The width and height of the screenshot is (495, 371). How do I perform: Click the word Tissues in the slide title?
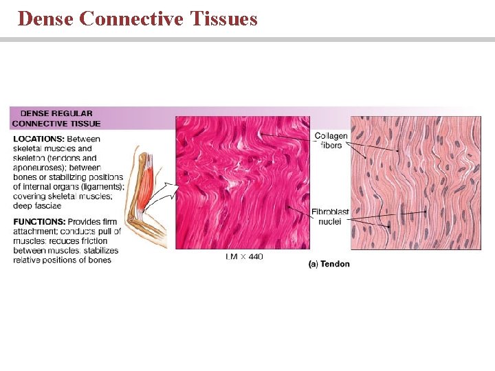tap(222, 19)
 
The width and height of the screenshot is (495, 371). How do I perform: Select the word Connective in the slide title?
tap(131, 19)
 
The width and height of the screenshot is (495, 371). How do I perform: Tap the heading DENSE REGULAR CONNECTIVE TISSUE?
tap(56, 118)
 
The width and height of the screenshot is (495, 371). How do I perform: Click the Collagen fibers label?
tap(331, 141)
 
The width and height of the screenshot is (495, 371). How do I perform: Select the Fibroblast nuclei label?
tap(330, 217)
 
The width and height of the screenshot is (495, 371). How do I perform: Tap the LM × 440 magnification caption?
tap(243, 256)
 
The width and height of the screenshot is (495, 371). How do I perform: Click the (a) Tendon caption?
tap(329, 264)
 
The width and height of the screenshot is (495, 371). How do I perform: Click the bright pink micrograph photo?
tap(242, 182)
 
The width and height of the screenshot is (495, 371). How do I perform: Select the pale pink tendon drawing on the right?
tap(415, 182)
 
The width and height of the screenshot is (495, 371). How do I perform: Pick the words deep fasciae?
tap(37, 206)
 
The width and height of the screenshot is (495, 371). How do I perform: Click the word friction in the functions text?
tap(93, 241)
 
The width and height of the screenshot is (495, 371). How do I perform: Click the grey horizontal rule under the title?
tap(247, 39)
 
